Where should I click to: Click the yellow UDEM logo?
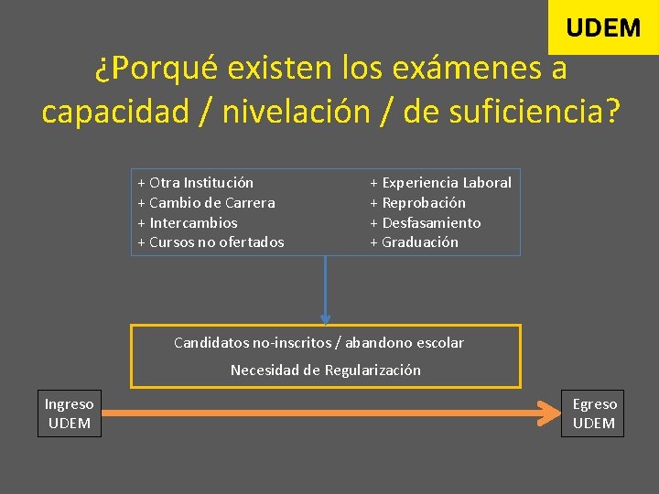(603, 27)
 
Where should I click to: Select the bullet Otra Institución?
(196, 183)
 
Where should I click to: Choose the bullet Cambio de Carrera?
(206, 203)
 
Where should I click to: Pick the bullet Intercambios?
(188, 223)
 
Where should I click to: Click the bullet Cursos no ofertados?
(211, 242)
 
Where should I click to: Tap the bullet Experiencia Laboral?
(441, 183)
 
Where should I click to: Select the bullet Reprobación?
(418, 203)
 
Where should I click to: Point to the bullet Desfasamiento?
(426, 223)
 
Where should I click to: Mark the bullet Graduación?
(415, 242)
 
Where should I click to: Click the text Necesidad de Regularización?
(326, 370)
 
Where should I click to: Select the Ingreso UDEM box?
(70, 413)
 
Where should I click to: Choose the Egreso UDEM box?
(595, 413)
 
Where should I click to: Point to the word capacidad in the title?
(113, 112)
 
